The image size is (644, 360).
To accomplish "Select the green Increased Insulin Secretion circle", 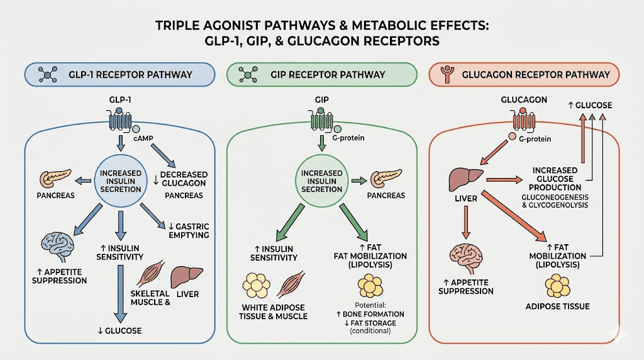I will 322,182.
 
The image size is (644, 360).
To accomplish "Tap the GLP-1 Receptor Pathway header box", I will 118,74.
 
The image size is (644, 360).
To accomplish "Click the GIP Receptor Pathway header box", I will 322,74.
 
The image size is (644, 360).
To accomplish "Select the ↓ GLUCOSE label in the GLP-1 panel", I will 119,330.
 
